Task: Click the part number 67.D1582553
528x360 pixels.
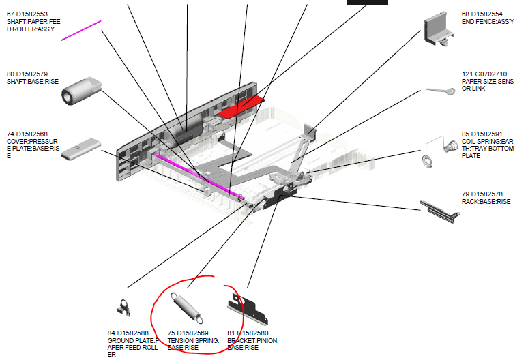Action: (x=27, y=14)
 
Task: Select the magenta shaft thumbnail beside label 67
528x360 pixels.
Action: (x=81, y=31)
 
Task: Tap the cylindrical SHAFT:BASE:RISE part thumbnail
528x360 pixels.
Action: (x=81, y=91)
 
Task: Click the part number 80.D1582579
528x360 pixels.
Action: (x=27, y=74)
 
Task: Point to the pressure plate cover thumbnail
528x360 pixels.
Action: (x=80, y=149)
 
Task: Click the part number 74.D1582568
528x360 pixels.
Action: (x=27, y=134)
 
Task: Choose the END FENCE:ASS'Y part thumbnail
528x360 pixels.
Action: (x=439, y=29)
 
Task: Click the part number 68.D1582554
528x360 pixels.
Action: (x=482, y=14)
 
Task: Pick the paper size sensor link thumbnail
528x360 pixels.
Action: (x=441, y=91)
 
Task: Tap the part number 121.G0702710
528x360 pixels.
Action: (x=484, y=74)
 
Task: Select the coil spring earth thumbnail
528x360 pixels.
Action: (x=440, y=152)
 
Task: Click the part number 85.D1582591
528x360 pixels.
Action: (x=482, y=134)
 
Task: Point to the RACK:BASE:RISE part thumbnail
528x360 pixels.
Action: (x=440, y=211)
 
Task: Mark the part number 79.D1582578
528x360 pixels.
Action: (x=482, y=194)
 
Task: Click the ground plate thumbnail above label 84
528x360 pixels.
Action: (x=123, y=307)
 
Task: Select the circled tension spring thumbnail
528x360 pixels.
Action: (x=187, y=307)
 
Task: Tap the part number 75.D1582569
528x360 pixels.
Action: (x=188, y=333)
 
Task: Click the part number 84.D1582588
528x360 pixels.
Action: (x=128, y=333)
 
